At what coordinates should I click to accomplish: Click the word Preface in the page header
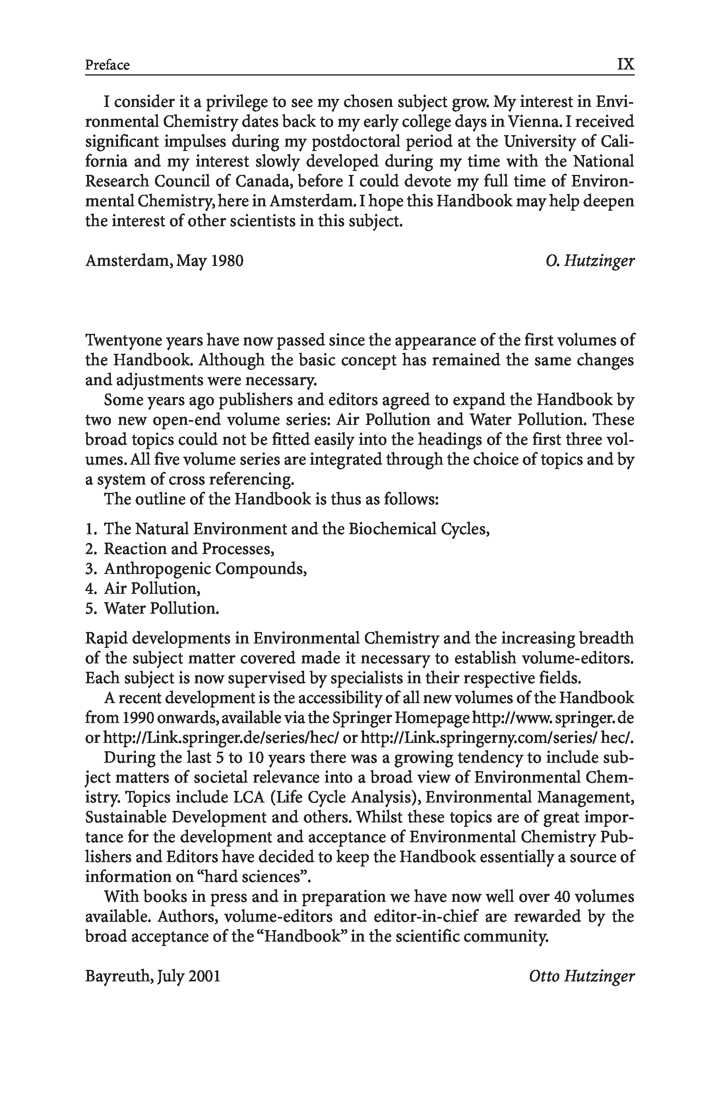click(x=107, y=64)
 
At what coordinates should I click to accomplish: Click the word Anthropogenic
click(x=156, y=568)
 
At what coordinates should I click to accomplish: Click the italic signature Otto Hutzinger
click(x=582, y=977)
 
